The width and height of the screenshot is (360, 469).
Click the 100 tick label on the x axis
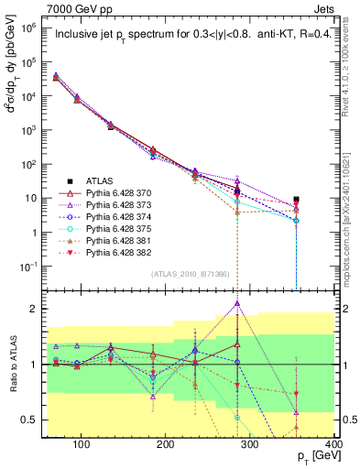click(x=82, y=444)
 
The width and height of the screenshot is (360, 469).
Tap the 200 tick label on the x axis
click(x=166, y=444)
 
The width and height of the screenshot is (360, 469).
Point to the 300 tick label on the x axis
click(x=250, y=444)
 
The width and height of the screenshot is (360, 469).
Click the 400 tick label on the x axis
click(x=332, y=444)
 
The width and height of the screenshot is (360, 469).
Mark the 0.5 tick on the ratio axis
click(x=31, y=420)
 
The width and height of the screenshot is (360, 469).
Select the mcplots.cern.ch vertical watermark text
click(x=351, y=183)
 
